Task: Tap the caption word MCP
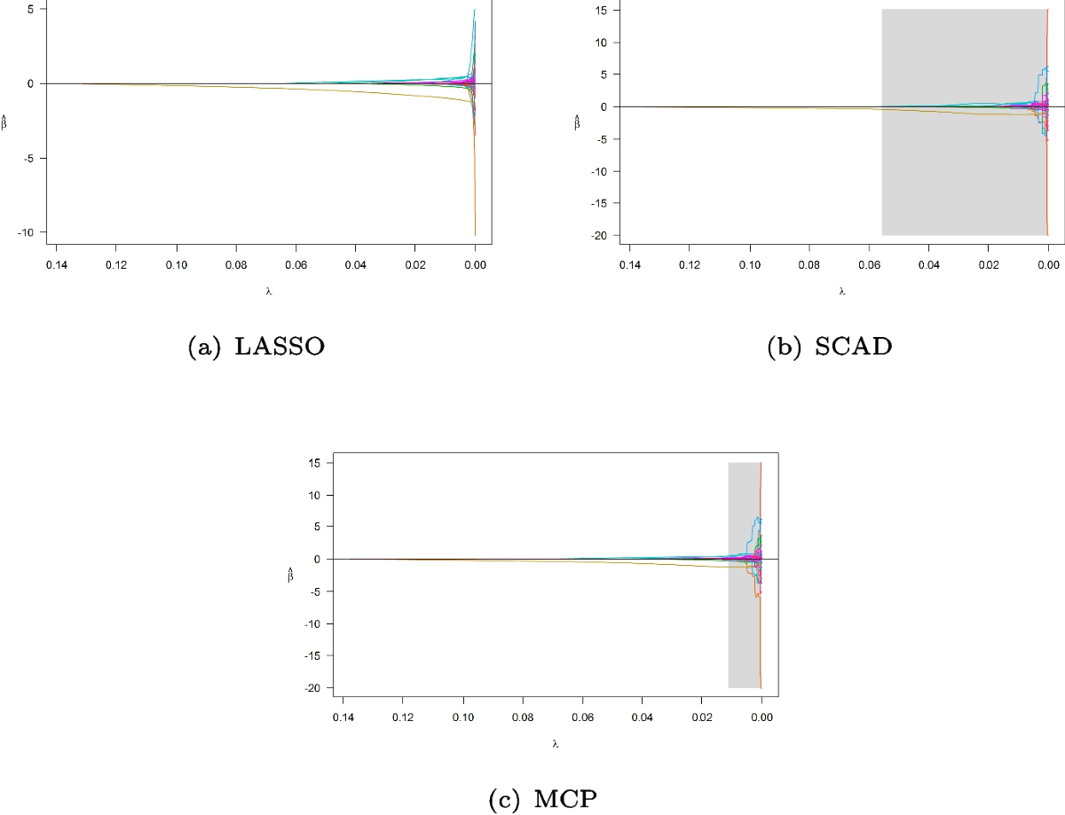568,800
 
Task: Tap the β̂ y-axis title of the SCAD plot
578,123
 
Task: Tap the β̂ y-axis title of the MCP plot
291,576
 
